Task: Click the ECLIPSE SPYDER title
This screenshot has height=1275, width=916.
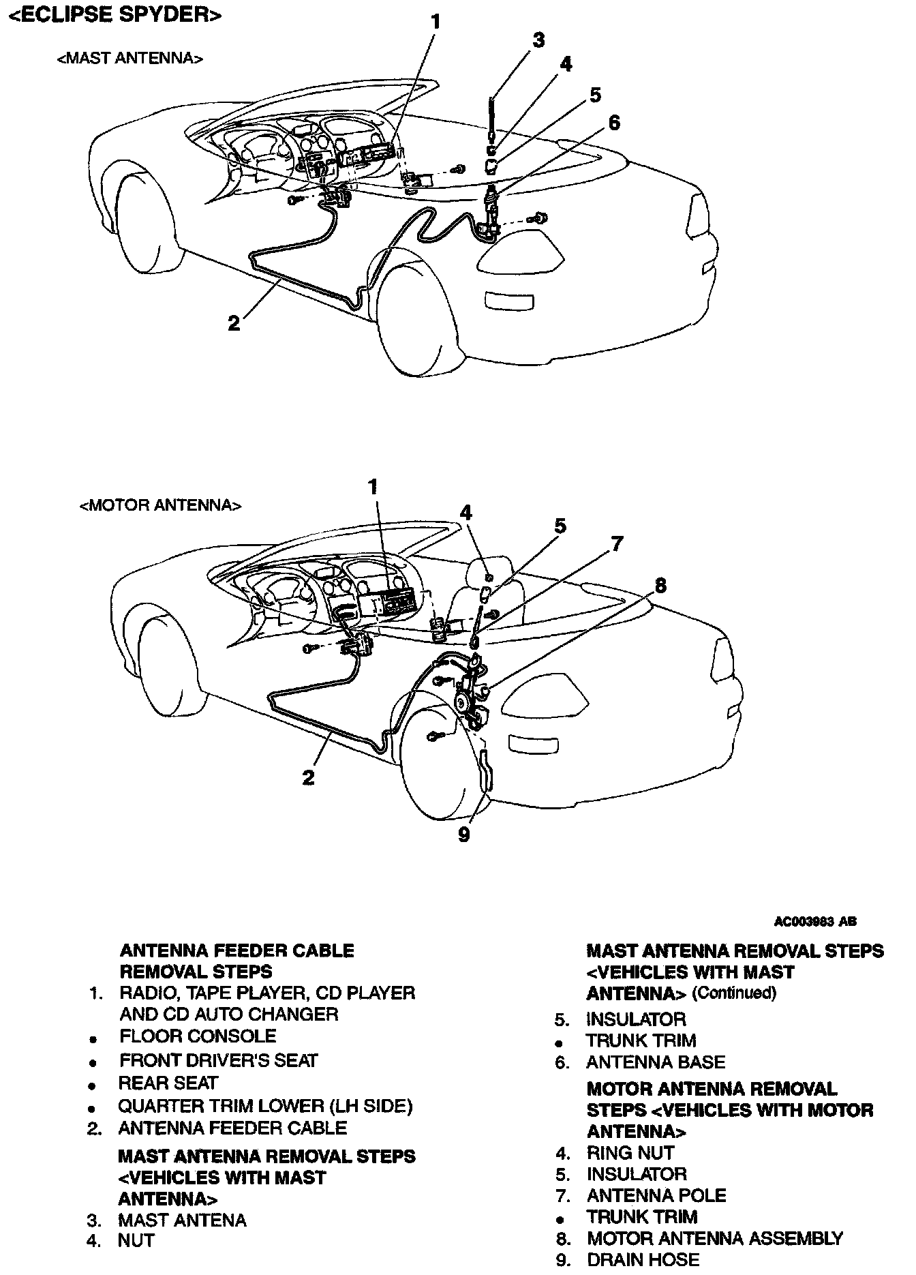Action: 114,15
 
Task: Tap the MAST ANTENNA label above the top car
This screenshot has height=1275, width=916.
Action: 129,59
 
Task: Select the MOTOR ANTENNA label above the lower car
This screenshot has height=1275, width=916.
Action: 160,505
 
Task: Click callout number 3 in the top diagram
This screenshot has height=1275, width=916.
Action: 538,40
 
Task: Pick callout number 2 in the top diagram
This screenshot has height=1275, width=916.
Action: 234,322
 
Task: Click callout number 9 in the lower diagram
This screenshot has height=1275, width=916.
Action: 464,834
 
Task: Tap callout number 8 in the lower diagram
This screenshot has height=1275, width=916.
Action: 660,586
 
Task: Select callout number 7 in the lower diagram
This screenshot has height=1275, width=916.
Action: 616,543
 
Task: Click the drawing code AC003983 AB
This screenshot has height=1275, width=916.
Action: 815,921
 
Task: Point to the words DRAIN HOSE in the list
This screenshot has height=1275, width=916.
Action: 643,1260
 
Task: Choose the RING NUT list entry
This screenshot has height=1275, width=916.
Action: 630,1152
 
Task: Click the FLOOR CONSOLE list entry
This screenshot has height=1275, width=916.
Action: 198,1036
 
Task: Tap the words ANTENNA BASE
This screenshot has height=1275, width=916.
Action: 656,1062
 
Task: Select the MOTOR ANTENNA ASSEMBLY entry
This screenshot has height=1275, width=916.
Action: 715,1237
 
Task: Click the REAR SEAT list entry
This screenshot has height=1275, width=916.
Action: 168,1083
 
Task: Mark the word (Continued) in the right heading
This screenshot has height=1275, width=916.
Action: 734,993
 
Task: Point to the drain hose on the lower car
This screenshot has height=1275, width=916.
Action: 486,770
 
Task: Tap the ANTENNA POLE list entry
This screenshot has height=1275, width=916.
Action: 656,1195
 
